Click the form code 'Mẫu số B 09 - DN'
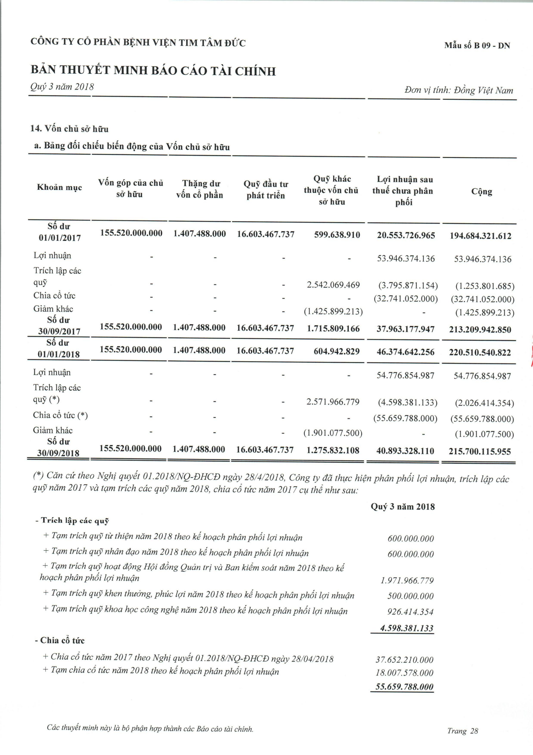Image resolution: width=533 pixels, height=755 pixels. tap(477, 45)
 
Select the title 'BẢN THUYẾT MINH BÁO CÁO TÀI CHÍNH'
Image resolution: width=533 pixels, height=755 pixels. tap(153, 71)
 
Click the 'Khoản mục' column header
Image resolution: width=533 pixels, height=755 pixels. tap(59, 187)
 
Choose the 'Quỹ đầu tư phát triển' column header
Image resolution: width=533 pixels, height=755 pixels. tap(266, 190)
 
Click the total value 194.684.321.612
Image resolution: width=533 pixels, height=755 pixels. tap(480, 236)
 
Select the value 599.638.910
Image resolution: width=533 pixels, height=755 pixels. tap(337, 235)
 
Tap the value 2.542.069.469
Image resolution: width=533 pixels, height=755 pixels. tap(333, 285)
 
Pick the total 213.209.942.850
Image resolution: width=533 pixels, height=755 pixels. tap(480, 330)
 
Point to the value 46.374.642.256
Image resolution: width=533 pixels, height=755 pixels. tap(406, 352)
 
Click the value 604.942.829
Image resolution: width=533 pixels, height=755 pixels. tap(336, 351)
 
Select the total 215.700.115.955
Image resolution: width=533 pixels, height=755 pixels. tap(480, 451)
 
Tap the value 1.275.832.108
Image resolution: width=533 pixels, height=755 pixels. tap(333, 450)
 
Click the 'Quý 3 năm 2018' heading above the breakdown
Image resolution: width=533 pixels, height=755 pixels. tap(402, 507)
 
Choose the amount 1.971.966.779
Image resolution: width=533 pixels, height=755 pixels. tap(407, 580)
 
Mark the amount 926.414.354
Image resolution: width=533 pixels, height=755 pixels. tap(410, 612)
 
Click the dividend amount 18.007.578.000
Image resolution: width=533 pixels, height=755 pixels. tap(404, 673)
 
